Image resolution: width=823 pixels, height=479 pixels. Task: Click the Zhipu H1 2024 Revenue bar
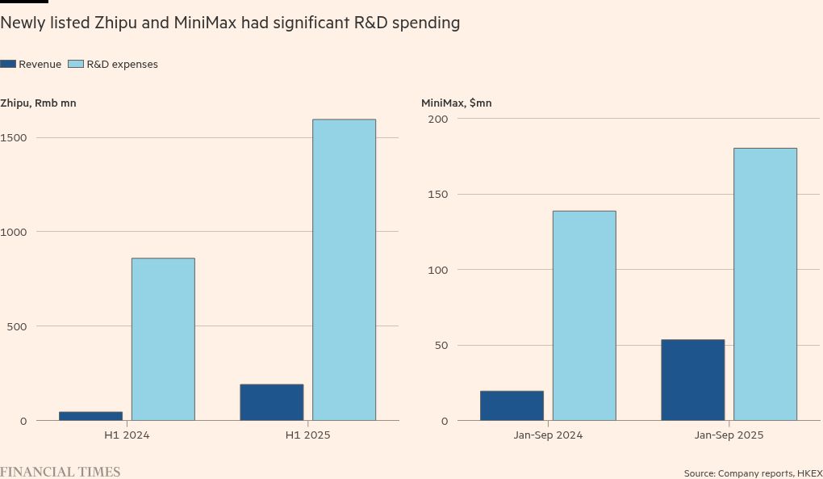click(90, 416)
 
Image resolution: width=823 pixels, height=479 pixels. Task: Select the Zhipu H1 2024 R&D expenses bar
click(163, 339)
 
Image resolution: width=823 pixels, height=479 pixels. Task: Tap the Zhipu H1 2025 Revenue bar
click(271, 402)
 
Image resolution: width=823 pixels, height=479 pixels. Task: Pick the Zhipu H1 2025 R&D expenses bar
click(344, 270)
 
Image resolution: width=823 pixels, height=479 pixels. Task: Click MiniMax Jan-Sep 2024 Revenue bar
click(512, 405)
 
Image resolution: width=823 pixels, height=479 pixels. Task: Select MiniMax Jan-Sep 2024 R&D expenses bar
click(584, 316)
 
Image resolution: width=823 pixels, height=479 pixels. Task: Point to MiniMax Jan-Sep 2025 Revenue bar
click(692, 380)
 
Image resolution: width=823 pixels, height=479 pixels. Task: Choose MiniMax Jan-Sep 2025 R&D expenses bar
click(765, 284)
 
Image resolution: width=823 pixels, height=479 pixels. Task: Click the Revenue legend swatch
click(8, 64)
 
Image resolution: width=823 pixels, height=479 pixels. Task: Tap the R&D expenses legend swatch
click(76, 64)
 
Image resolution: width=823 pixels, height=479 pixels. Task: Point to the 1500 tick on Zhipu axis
click(14, 137)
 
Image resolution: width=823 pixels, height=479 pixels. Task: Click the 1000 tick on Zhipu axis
click(14, 232)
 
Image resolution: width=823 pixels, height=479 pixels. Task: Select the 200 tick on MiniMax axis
click(437, 119)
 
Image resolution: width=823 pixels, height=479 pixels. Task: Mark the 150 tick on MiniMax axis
click(437, 194)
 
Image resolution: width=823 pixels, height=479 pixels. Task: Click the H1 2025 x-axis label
click(307, 435)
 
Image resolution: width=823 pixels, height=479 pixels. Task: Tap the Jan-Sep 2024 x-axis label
click(548, 435)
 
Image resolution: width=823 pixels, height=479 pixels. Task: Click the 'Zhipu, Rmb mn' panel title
click(38, 103)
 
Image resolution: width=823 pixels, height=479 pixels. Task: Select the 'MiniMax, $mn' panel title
click(456, 103)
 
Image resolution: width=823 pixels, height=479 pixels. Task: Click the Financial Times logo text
click(60, 472)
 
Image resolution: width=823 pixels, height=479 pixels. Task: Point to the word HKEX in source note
click(809, 473)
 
